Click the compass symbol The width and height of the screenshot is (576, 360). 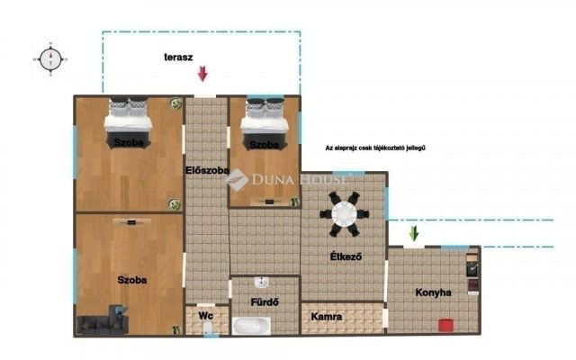tap(51, 58)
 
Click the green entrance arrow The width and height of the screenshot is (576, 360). tap(413, 234)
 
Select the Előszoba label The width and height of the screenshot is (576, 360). tap(206, 171)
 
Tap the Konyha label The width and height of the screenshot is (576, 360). tap(433, 292)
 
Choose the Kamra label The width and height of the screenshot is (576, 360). tap(325, 317)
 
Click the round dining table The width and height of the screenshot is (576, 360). tap(344, 213)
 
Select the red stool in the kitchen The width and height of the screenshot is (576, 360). tap(445, 325)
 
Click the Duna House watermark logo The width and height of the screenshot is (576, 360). tap(237, 181)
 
